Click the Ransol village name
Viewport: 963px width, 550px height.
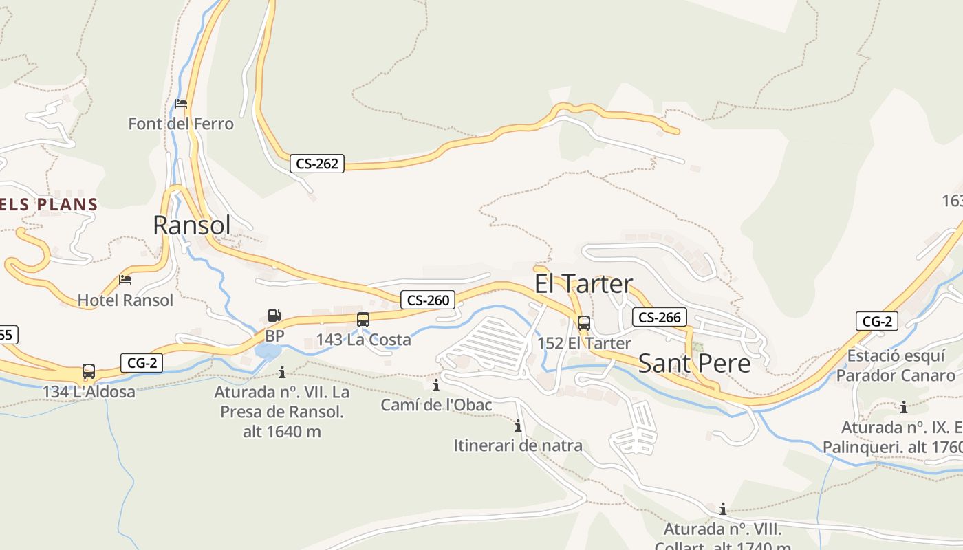click(191, 225)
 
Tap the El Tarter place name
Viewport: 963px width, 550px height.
click(583, 284)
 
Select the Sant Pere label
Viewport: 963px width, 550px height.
click(694, 363)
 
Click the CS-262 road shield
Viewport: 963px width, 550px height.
click(317, 164)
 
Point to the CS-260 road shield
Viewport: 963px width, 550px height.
click(428, 300)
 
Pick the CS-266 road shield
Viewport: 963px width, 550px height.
click(659, 317)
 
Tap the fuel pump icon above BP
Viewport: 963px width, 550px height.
click(274, 316)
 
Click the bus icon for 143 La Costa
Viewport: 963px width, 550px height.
click(363, 320)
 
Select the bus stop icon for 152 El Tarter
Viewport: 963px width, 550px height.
click(584, 323)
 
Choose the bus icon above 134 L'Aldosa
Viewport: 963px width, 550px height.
click(89, 371)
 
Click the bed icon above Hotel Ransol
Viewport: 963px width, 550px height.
click(125, 279)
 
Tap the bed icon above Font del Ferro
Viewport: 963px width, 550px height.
click(181, 104)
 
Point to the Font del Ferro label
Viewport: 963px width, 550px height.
click(181, 124)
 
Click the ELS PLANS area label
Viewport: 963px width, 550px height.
click(49, 204)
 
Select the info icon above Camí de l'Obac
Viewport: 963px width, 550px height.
click(436, 385)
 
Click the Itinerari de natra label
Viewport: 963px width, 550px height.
click(517, 445)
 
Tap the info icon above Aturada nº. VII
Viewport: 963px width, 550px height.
click(282, 372)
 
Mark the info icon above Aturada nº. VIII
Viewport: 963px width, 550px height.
click(723, 509)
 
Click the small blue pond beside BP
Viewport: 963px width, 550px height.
click(268, 351)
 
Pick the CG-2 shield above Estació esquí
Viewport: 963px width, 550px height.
click(877, 321)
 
